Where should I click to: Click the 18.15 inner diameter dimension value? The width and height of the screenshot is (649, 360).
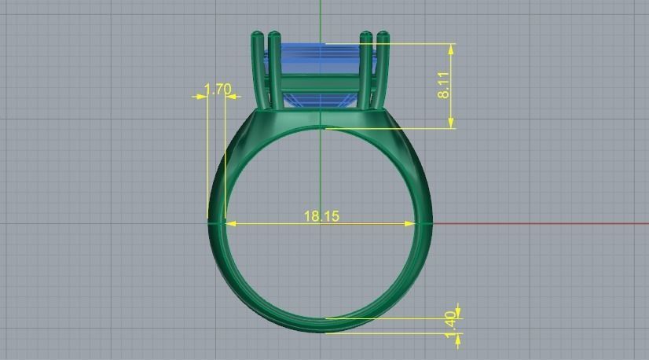pos(321,215)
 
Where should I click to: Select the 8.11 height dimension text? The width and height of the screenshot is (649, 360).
pos(444,85)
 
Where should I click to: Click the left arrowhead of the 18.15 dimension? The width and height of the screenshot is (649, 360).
pos(230,223)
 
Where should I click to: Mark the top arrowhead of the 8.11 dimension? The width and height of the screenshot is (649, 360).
pos(452,48)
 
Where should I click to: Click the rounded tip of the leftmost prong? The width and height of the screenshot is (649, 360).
pos(258,35)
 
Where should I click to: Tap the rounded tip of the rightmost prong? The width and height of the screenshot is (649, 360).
pos(383,35)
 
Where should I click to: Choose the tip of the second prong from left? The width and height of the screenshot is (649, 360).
pos(274,35)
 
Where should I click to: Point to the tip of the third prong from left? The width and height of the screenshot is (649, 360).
pos(366,35)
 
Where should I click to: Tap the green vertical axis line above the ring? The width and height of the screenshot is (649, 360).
pos(321,16)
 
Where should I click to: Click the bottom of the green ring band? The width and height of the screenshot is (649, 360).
pos(322,325)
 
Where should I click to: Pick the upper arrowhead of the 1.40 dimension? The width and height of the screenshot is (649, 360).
pos(458,314)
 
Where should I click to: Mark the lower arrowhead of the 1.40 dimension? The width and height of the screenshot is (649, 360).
pos(458,337)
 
